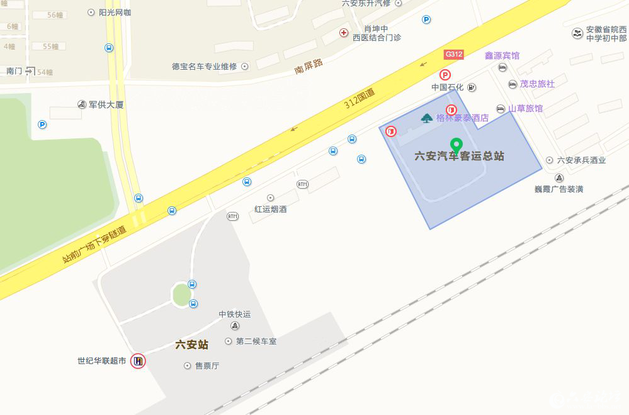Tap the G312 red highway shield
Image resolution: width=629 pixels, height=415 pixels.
click(x=453, y=54)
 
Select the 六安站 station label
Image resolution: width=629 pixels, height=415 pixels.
click(x=191, y=345)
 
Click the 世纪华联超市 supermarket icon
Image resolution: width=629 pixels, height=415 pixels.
click(x=138, y=361)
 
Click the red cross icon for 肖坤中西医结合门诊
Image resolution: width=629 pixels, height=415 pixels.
click(x=344, y=33)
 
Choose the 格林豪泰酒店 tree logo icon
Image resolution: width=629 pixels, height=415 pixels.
click(x=427, y=118)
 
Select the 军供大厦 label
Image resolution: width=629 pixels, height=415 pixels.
click(x=106, y=104)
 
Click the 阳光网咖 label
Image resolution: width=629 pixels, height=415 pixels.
click(x=115, y=12)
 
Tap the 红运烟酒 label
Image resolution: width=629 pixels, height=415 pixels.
click(x=271, y=209)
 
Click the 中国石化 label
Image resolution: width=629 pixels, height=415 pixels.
click(x=447, y=87)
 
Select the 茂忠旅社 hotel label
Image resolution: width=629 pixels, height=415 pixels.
click(x=537, y=84)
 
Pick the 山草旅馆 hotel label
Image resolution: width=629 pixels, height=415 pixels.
click(x=525, y=108)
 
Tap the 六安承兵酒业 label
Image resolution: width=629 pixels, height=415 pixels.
click(x=581, y=160)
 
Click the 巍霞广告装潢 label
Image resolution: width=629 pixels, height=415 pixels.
click(x=558, y=189)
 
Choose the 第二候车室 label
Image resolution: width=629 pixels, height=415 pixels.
click(x=256, y=341)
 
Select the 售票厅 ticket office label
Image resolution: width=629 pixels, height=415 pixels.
click(x=207, y=365)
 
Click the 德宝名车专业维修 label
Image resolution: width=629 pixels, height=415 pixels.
click(x=204, y=66)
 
